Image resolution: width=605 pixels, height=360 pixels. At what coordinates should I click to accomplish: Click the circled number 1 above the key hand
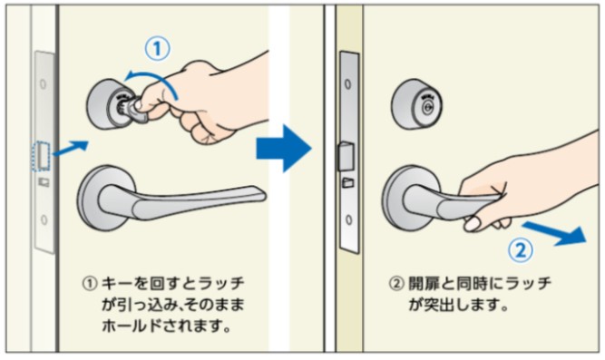(x=157, y=49)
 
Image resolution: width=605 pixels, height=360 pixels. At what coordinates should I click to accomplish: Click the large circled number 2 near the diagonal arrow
(x=521, y=251)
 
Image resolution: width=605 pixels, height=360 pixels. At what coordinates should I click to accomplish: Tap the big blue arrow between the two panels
(x=284, y=148)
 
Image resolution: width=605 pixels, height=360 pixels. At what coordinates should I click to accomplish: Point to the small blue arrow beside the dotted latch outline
(x=71, y=149)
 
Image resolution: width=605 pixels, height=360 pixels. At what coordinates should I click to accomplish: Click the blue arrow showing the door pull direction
(x=554, y=233)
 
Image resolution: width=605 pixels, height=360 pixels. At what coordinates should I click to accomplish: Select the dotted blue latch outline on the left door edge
(x=41, y=156)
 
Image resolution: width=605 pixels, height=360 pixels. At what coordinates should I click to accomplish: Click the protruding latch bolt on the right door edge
(x=346, y=157)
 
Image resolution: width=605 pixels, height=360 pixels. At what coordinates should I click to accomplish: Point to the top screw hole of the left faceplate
(x=44, y=83)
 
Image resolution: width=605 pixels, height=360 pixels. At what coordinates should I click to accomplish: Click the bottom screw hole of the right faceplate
(x=349, y=220)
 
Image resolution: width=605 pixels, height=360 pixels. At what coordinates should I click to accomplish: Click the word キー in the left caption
(x=116, y=284)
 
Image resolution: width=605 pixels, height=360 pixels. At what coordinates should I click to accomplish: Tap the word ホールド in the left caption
(x=132, y=326)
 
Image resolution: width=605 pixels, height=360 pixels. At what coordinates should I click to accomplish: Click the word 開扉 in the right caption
(x=424, y=284)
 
